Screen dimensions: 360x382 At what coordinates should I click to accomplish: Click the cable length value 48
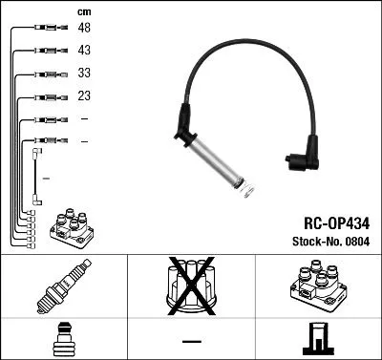(84, 30)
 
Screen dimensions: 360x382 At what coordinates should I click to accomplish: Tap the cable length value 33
(84, 74)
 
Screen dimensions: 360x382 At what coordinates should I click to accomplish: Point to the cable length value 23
(84, 96)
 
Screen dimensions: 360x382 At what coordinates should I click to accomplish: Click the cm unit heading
(84, 11)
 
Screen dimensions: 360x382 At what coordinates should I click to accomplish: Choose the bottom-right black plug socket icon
(318, 339)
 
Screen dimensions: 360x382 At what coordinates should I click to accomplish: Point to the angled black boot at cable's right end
(304, 159)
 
